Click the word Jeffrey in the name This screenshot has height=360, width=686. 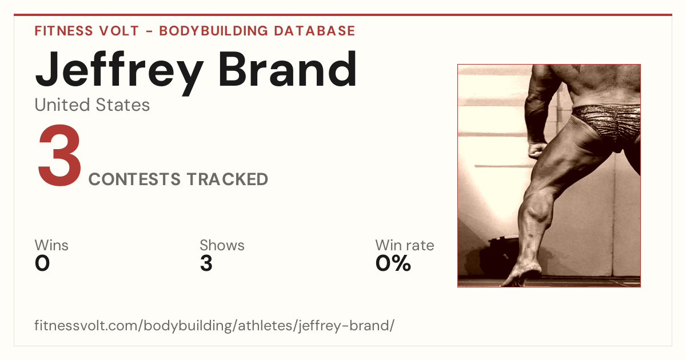pyautogui.click(x=119, y=72)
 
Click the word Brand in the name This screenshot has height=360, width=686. pyautogui.click(x=288, y=69)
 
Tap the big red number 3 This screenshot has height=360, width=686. pyautogui.click(x=59, y=155)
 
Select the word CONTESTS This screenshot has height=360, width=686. pyautogui.click(x=134, y=179)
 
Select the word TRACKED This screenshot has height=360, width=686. pyautogui.click(x=228, y=179)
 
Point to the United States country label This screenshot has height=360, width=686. pyautogui.click(x=92, y=105)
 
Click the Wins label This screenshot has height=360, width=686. pyautogui.click(x=51, y=245)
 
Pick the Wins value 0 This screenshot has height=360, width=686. pyautogui.click(x=42, y=263)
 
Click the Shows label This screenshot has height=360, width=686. pyautogui.click(x=222, y=245)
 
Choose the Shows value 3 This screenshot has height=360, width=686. pyautogui.click(x=206, y=263)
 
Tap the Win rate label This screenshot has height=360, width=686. pyautogui.click(x=405, y=245)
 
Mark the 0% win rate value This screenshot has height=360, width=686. pyautogui.click(x=393, y=263)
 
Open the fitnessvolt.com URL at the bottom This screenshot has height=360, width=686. pyautogui.click(x=214, y=325)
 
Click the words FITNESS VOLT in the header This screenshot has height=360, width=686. pyautogui.click(x=87, y=31)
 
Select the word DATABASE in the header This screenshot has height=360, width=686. pyautogui.click(x=314, y=31)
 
